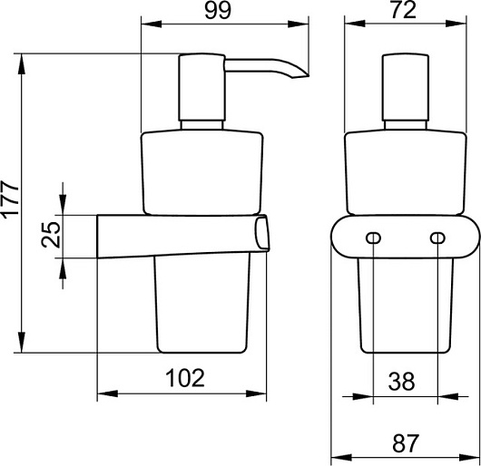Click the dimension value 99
[217, 11]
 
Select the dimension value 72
[404, 10]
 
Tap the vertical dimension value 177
[10, 199]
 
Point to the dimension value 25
[50, 235]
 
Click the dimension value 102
[184, 377]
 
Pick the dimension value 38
[401, 382]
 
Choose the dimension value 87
[406, 443]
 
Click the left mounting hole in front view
[373, 238]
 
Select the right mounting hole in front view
[437, 238]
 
